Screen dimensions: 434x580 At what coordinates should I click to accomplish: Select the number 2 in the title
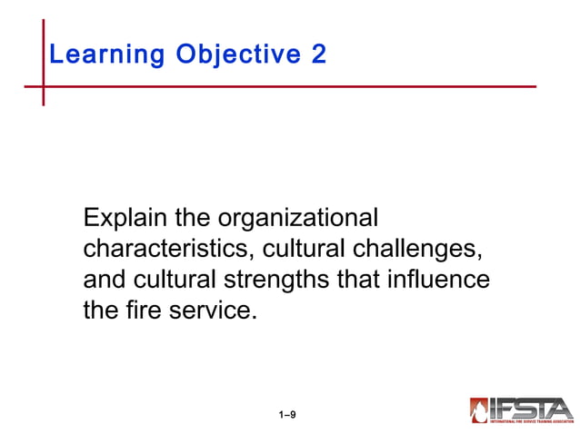click(x=318, y=54)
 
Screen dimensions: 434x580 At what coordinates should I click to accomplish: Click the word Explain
click(x=123, y=219)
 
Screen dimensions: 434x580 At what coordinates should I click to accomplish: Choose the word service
click(x=208, y=310)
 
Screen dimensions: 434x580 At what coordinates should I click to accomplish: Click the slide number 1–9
click(x=287, y=415)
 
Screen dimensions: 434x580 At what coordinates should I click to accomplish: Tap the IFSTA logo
click(x=521, y=409)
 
